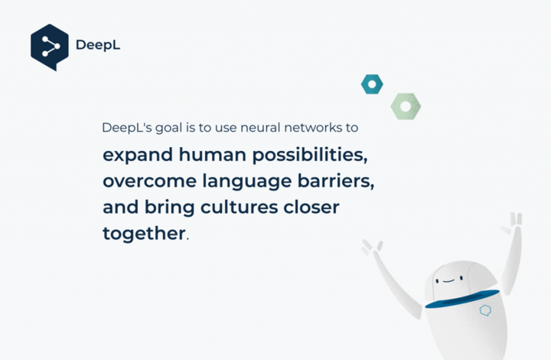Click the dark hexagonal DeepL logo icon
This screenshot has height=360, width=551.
(x=50, y=47)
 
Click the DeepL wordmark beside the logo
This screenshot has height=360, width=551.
(x=98, y=45)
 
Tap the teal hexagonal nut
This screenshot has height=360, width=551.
(x=372, y=84)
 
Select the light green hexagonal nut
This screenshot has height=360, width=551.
(x=406, y=106)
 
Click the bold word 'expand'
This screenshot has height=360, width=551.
(x=138, y=155)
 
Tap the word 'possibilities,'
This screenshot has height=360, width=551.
(x=310, y=155)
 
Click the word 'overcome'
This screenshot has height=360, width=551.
(x=150, y=182)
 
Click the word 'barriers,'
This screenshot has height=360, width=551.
(x=336, y=182)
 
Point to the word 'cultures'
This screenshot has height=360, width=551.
(x=239, y=207)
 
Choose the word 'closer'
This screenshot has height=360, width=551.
(x=311, y=207)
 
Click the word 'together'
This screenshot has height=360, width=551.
(x=144, y=234)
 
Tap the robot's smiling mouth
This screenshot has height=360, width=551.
(x=448, y=280)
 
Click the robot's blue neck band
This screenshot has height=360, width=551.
(x=462, y=299)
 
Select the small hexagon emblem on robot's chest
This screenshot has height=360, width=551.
(x=486, y=310)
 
